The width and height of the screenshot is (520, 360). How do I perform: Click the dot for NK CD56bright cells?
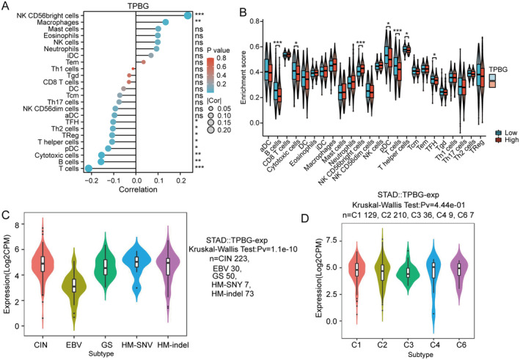pos(188,15)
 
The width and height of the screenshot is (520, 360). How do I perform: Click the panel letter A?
pos(6,7)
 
